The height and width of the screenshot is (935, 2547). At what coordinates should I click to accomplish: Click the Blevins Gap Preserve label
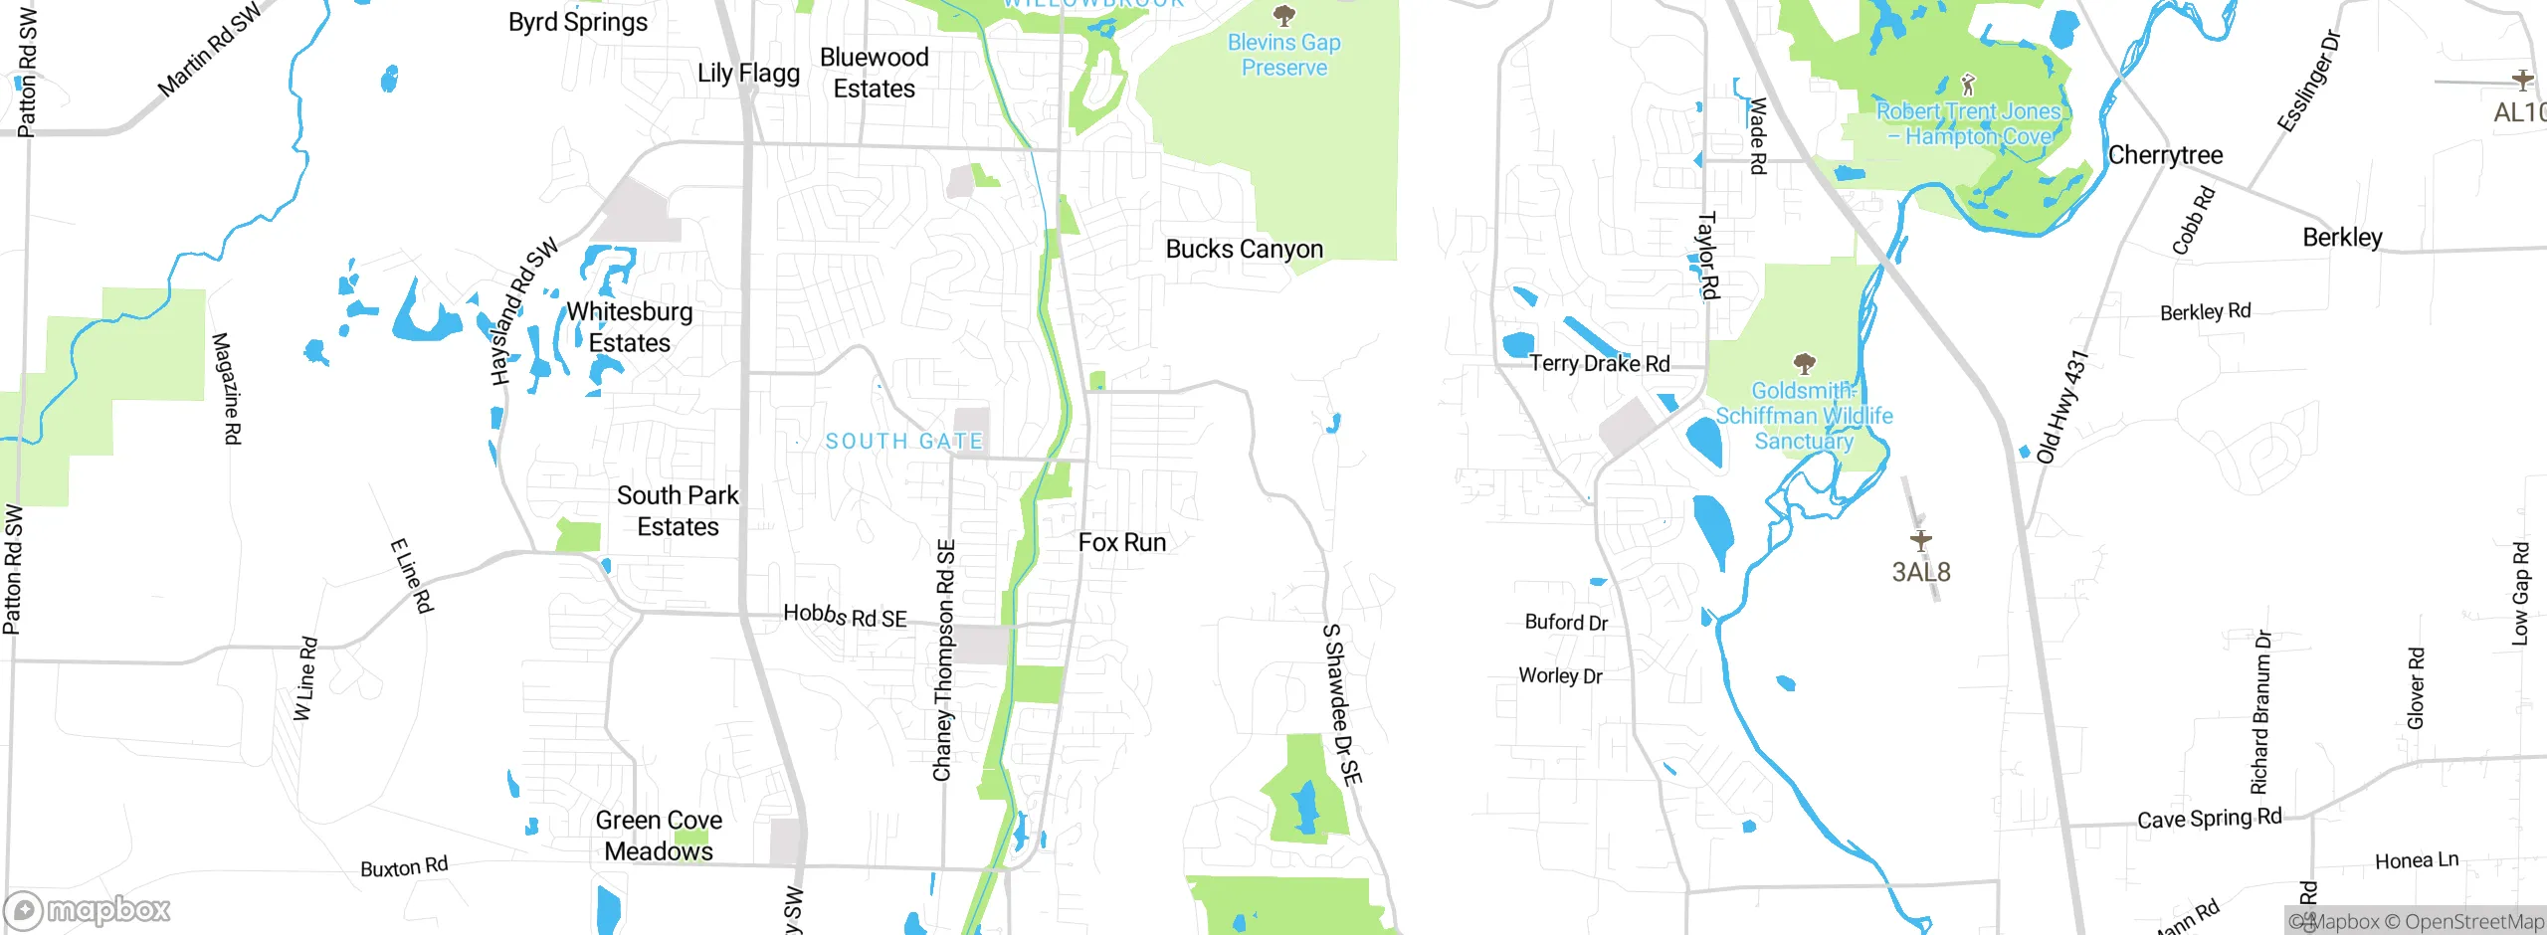coord(1283,55)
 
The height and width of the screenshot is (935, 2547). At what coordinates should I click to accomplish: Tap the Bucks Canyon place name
coord(1244,249)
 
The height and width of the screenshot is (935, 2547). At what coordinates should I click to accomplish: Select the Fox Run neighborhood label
coord(1122,542)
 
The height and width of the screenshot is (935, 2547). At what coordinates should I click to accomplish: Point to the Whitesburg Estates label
coord(629,326)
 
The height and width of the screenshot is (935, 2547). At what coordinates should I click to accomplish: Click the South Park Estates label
coord(678,510)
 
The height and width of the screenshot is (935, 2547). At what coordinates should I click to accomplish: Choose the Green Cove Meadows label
coord(659,836)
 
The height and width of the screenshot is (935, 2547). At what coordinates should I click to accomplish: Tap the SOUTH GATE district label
coord(904,441)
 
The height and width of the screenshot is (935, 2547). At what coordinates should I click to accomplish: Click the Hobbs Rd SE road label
coord(845,616)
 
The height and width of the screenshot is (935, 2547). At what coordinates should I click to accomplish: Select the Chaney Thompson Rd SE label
coord(944,659)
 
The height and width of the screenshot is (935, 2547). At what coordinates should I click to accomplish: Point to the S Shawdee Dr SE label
coord(1341,704)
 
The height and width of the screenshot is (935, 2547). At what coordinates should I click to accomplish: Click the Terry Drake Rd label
coord(1599,363)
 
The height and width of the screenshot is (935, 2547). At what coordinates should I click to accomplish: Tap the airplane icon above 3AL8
coord(1920,540)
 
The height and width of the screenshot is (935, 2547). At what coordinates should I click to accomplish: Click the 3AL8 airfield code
coord(1920,572)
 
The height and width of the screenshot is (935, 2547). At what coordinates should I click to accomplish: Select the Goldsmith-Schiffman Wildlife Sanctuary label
coord(1804,416)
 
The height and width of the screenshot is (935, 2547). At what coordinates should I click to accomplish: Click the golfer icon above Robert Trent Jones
coord(1967,85)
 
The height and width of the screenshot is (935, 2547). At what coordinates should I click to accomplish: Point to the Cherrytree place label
coord(2165,155)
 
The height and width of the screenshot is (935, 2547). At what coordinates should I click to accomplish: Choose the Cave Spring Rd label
coord(2209,818)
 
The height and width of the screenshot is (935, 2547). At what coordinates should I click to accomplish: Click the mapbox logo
coord(88,910)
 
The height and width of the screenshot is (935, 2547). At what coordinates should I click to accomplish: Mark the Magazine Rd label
coord(227,388)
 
